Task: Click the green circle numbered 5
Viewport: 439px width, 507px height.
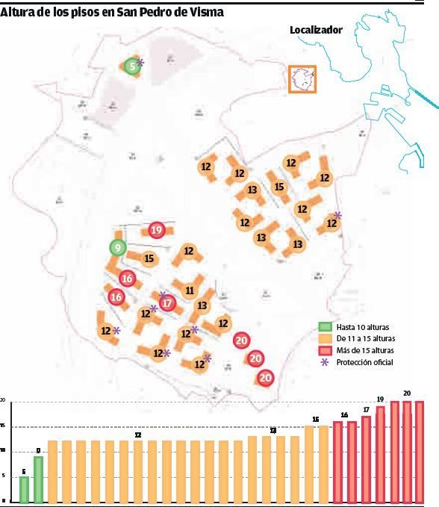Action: point(131,66)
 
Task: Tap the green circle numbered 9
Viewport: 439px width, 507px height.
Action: point(117,248)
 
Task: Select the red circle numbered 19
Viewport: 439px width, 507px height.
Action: point(156,230)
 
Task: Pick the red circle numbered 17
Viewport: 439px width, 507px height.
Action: point(167,304)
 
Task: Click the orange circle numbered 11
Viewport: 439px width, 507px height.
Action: point(190,290)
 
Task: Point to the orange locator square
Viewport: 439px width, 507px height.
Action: point(302,78)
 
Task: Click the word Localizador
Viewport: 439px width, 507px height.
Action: point(316,30)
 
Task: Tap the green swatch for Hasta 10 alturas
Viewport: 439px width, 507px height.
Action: point(325,327)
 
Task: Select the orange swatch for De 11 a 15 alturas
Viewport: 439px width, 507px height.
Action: point(325,338)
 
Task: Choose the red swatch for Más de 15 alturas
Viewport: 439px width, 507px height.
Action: point(325,350)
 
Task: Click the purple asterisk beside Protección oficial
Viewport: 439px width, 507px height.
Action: point(325,362)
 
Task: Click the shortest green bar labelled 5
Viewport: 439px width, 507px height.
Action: point(24,489)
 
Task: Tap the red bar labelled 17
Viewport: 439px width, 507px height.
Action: point(366,458)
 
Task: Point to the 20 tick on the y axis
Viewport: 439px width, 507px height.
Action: point(3,402)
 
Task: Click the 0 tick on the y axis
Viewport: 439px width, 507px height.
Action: point(3,501)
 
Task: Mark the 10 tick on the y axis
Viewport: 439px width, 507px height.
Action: point(3,451)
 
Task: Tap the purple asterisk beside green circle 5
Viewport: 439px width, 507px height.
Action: point(140,63)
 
